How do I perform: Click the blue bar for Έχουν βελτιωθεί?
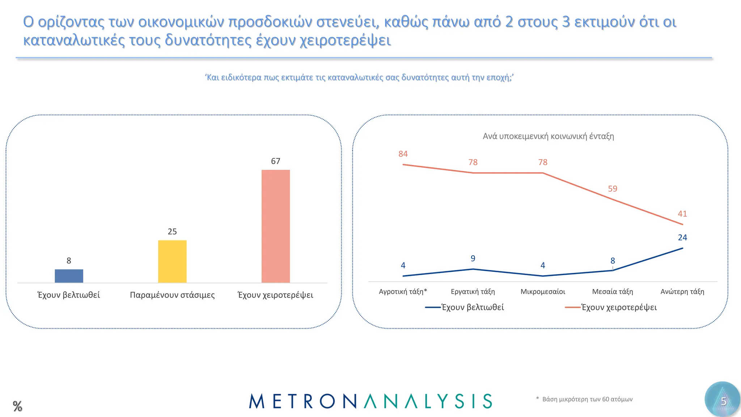69,276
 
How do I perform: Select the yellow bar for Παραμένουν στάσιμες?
172,261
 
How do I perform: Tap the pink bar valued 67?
276,226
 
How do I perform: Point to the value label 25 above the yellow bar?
172,232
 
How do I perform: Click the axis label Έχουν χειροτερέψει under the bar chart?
275,295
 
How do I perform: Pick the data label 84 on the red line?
403,154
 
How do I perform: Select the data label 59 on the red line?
613,189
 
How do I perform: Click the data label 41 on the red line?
682,214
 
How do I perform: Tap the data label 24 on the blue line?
682,237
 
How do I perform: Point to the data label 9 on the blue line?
473,258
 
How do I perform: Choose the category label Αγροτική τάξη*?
403,291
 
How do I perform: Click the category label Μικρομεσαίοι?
543,291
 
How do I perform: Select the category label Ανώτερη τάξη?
682,291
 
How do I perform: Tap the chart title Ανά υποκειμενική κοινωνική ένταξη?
548,136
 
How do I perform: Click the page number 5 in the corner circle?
723,401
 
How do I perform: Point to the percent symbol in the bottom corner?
17,406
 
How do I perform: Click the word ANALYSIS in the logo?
428,401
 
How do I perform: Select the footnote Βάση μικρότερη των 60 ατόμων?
587,399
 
